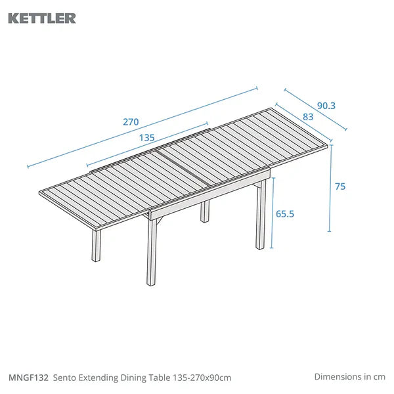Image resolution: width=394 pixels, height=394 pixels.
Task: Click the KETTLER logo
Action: [x=42, y=18]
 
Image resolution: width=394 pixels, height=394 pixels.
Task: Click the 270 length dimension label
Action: [x=131, y=122]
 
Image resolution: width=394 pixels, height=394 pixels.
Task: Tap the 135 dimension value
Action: [x=146, y=138]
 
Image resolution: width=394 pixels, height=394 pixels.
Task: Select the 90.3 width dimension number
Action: [x=326, y=106]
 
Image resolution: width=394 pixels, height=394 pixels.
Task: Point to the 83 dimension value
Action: [x=308, y=117]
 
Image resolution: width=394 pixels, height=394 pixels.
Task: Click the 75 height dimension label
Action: [x=340, y=186]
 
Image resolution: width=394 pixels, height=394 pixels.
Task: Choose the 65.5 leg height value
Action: [x=285, y=214]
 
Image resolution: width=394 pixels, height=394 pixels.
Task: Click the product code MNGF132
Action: [x=28, y=378]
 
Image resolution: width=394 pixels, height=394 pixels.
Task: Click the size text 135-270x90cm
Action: [x=202, y=378]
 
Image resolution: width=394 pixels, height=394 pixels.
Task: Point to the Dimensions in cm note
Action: [x=350, y=377]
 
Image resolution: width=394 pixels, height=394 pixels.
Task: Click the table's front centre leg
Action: [x=152, y=252]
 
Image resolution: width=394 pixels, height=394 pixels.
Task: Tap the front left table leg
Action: [x=96, y=245]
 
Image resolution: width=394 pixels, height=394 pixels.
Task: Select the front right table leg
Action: [x=261, y=215]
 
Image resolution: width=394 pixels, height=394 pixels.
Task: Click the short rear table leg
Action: [x=205, y=211]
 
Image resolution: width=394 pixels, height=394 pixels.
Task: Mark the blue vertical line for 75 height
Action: [x=330, y=188]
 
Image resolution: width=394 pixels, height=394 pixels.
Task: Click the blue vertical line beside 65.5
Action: [x=273, y=213]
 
